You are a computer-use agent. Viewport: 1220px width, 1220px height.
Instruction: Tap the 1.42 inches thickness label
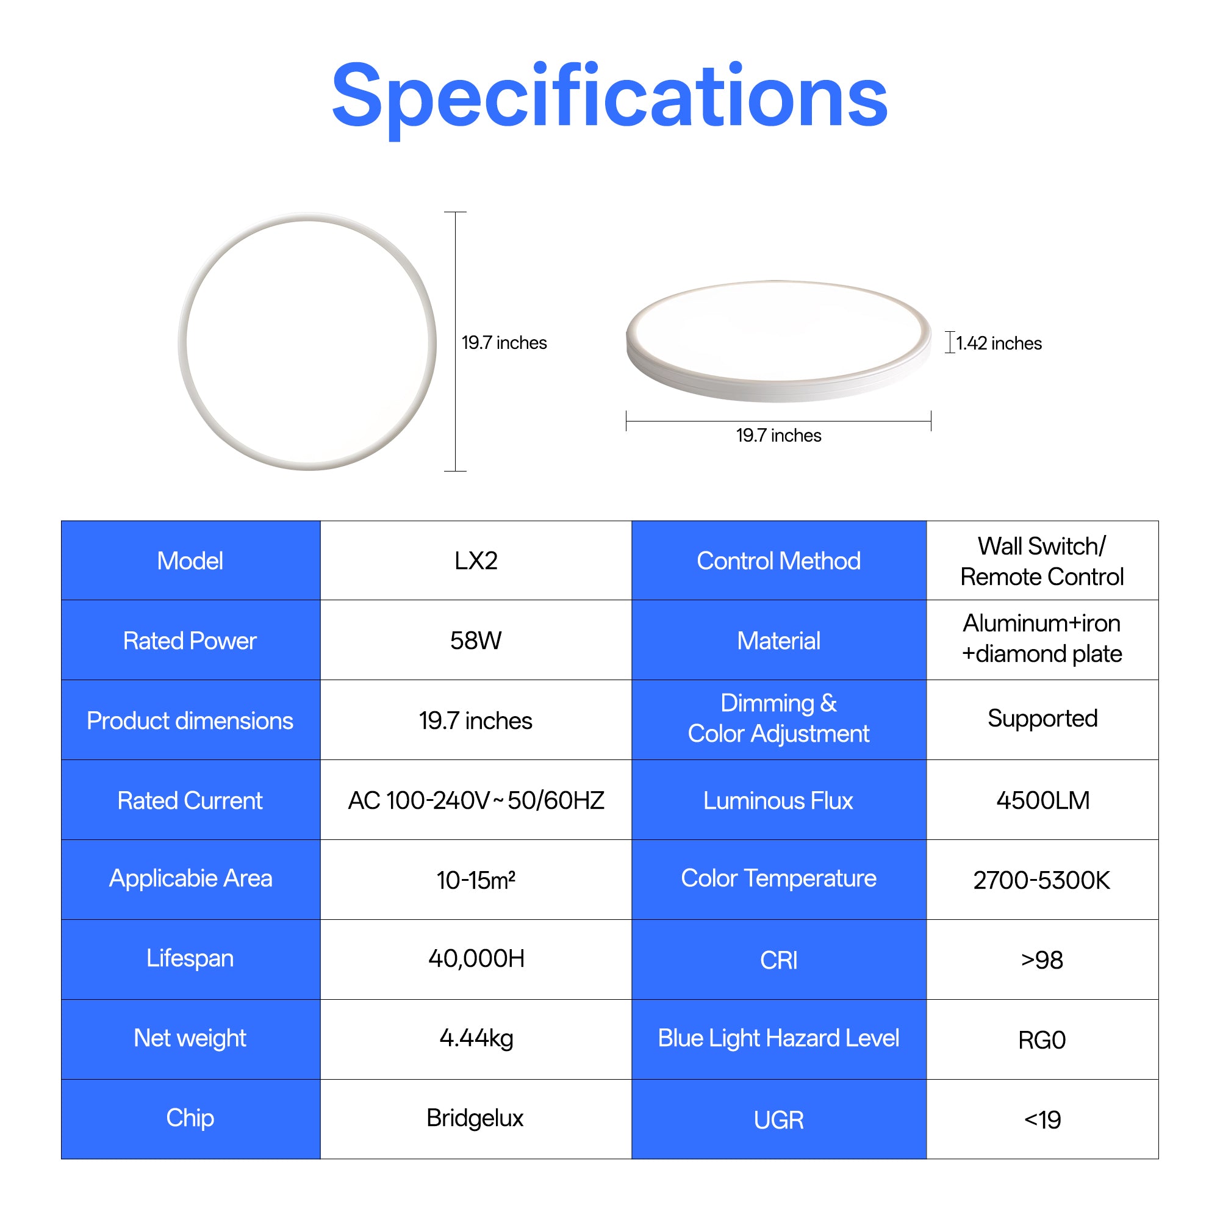(999, 343)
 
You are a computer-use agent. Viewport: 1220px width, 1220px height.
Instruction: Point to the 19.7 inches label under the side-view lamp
(778, 435)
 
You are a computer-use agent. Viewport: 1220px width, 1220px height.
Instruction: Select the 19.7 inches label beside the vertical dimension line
(504, 342)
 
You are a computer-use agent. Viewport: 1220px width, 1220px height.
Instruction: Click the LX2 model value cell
(476, 561)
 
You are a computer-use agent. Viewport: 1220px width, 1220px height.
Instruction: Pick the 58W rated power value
(476, 640)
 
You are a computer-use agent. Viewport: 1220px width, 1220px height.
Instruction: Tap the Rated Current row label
(190, 800)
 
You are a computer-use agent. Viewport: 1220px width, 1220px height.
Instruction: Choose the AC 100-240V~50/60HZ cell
(476, 800)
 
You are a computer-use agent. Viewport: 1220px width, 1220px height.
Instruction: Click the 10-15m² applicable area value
(476, 880)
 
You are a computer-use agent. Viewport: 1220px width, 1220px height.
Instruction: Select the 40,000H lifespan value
(476, 958)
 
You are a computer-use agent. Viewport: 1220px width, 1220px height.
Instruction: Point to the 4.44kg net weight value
(476, 1039)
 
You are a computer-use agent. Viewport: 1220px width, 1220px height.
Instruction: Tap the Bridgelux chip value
(475, 1118)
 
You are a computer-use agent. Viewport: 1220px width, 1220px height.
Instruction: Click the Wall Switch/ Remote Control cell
(1042, 561)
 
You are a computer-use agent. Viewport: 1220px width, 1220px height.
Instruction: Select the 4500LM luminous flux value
(1042, 800)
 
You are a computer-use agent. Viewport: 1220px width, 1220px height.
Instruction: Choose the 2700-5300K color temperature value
(1041, 880)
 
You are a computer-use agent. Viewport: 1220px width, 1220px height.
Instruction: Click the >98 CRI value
(1042, 960)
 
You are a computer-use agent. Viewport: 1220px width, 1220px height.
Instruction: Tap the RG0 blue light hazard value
(1042, 1040)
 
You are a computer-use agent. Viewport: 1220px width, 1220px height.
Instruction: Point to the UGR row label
(778, 1119)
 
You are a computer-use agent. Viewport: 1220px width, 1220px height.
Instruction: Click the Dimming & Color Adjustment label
(778, 719)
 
